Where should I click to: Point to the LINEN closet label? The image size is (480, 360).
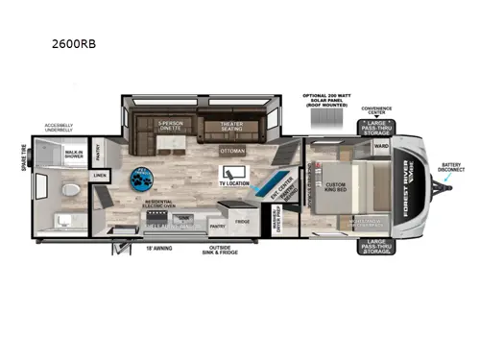click(x=100, y=177)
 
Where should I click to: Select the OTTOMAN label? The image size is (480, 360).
click(x=231, y=151)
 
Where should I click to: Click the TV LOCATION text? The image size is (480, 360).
click(x=234, y=182)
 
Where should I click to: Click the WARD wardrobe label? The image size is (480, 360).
click(x=380, y=147)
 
